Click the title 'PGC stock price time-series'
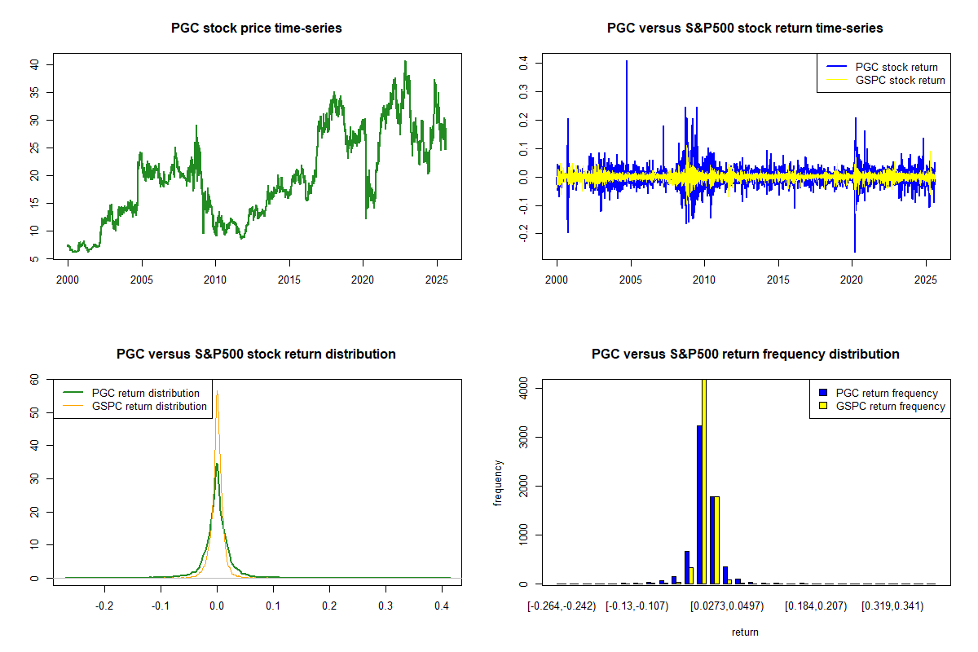point(256,29)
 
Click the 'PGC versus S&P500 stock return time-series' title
point(745,29)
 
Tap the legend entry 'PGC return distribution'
point(146,393)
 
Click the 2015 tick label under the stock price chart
point(289,276)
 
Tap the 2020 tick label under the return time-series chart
point(852,276)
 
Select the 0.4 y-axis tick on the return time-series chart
point(524,61)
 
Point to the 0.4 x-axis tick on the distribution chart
point(441,606)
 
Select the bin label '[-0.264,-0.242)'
point(562,606)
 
